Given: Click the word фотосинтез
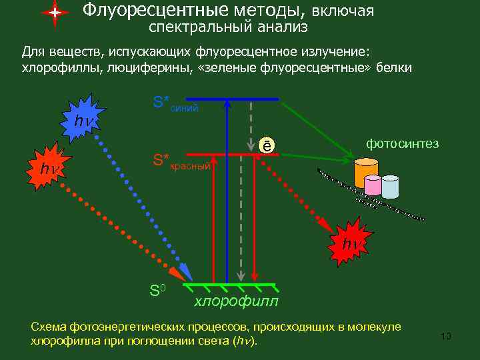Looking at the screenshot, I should pyautogui.click(x=402, y=144).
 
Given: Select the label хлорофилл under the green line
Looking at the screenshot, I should pyautogui.click(x=236, y=302).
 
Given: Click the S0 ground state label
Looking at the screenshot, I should pyautogui.click(x=157, y=290).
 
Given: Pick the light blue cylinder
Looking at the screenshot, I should pyautogui.click(x=389, y=187).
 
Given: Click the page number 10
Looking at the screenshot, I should pyautogui.click(x=446, y=335).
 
